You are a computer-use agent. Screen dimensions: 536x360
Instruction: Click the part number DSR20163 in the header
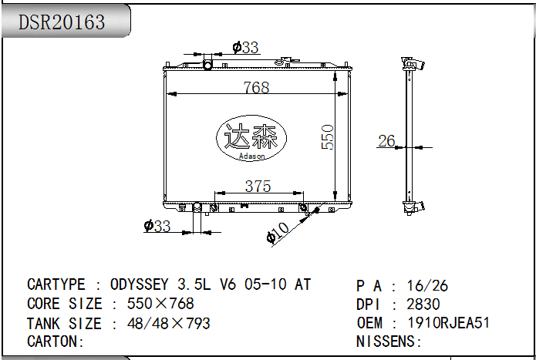coord(62,22)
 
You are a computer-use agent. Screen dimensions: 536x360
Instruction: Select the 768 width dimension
coord(256,87)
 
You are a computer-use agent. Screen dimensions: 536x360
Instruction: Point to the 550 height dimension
coord(328,137)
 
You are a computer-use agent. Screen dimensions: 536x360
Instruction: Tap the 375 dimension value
coord(258,187)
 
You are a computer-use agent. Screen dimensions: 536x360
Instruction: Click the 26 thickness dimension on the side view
coord(387,141)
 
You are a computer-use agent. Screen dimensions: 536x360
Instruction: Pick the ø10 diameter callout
coord(278,233)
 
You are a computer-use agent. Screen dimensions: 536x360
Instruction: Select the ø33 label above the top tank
coord(245,48)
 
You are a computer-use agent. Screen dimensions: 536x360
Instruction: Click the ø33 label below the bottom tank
coord(157,226)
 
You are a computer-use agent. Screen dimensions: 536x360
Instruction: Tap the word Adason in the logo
coord(252,156)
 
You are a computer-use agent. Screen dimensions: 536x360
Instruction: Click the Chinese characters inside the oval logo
coord(251,136)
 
